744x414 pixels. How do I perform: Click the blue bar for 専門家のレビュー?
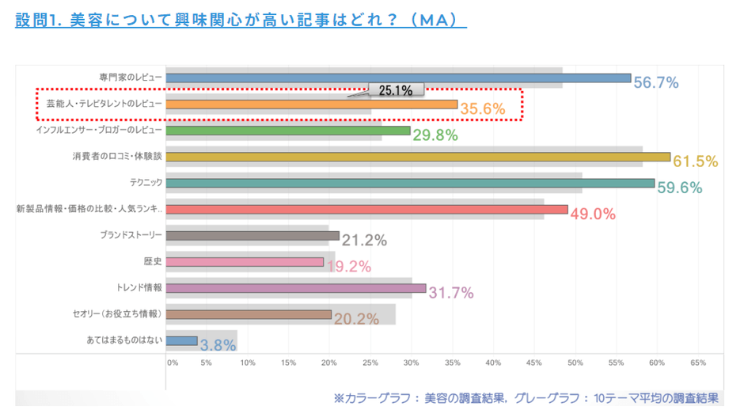pos(398,78)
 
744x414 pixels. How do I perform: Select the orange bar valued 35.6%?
pos(312,104)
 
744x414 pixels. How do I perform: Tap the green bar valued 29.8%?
pos(288,131)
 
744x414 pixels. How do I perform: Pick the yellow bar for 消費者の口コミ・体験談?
pos(418,157)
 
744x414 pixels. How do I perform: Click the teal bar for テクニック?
pos(410,183)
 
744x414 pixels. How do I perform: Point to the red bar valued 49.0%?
pos(366,209)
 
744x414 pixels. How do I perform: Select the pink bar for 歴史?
pos(245,262)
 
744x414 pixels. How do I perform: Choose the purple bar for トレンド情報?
pos(296,288)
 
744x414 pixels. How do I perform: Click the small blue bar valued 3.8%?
pos(181,340)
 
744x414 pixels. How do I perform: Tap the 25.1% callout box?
pos(396,90)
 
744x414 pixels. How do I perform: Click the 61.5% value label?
pos(695,161)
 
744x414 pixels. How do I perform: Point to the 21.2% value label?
pos(364,241)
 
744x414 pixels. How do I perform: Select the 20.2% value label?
pos(357,319)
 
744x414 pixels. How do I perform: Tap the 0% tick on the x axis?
pos(172,363)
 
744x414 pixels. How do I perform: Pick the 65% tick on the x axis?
pos(698,363)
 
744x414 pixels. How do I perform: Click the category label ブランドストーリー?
pos(131,235)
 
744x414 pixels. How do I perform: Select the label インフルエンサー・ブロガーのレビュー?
pos(99,130)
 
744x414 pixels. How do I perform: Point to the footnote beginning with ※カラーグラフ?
pos(526,398)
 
